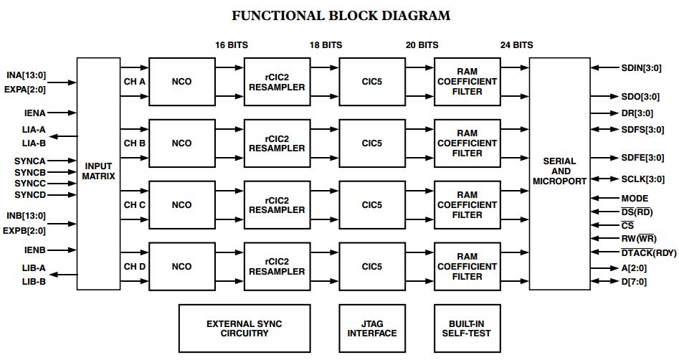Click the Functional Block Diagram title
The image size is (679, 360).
pyautogui.click(x=341, y=15)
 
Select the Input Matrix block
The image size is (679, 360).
pyautogui.click(x=98, y=172)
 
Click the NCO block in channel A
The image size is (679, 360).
pyautogui.click(x=181, y=82)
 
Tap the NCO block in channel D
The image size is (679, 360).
pyautogui.click(x=181, y=266)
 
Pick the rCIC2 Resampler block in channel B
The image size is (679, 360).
pyautogui.click(x=277, y=143)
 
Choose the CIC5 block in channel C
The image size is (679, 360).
pyautogui.click(x=371, y=204)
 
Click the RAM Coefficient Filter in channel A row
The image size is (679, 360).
pyautogui.click(x=467, y=82)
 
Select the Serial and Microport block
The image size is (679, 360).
pyautogui.click(x=559, y=172)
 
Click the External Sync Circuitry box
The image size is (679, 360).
pyautogui.click(x=244, y=328)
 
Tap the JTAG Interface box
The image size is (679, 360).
pyautogui.click(x=371, y=328)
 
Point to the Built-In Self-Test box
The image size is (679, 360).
pyautogui.click(x=466, y=328)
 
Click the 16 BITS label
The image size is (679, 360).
pyautogui.click(x=232, y=44)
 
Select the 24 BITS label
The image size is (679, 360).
pyautogui.click(x=516, y=44)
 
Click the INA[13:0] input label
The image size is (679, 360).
pyautogui.click(x=27, y=75)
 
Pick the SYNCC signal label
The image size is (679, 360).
pyautogui.click(x=30, y=184)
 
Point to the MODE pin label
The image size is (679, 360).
pyautogui.click(x=634, y=198)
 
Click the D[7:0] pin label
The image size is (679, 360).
pyautogui.click(x=633, y=282)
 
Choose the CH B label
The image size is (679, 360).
pyautogui.click(x=135, y=143)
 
